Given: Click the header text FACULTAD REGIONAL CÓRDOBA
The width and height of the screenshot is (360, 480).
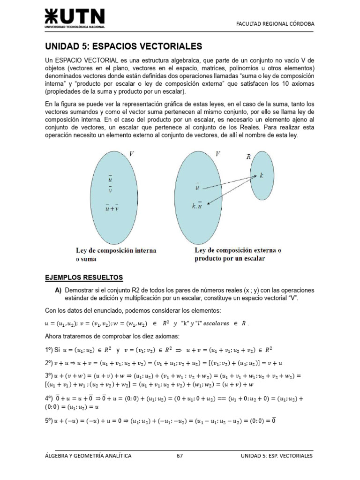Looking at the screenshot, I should point(275,23).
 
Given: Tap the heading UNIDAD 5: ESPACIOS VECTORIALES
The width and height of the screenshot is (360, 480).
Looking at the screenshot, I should point(123,46).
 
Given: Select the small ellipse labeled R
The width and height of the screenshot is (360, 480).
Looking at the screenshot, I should point(261,181).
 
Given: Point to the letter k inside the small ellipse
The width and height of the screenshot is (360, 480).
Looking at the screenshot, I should point(262,176).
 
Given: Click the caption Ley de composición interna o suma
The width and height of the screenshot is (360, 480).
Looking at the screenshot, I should point(116,255).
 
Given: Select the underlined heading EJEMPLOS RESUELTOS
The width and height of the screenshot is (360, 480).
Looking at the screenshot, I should point(83,277).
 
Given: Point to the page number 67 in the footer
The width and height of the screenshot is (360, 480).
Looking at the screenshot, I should point(180,455).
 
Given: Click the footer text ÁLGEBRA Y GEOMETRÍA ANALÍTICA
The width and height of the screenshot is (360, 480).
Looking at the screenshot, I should point(88,455).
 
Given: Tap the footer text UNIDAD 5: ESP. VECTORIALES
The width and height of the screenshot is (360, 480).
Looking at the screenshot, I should point(276,455).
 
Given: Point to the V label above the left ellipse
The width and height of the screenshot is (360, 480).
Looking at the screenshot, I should point(132,153).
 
